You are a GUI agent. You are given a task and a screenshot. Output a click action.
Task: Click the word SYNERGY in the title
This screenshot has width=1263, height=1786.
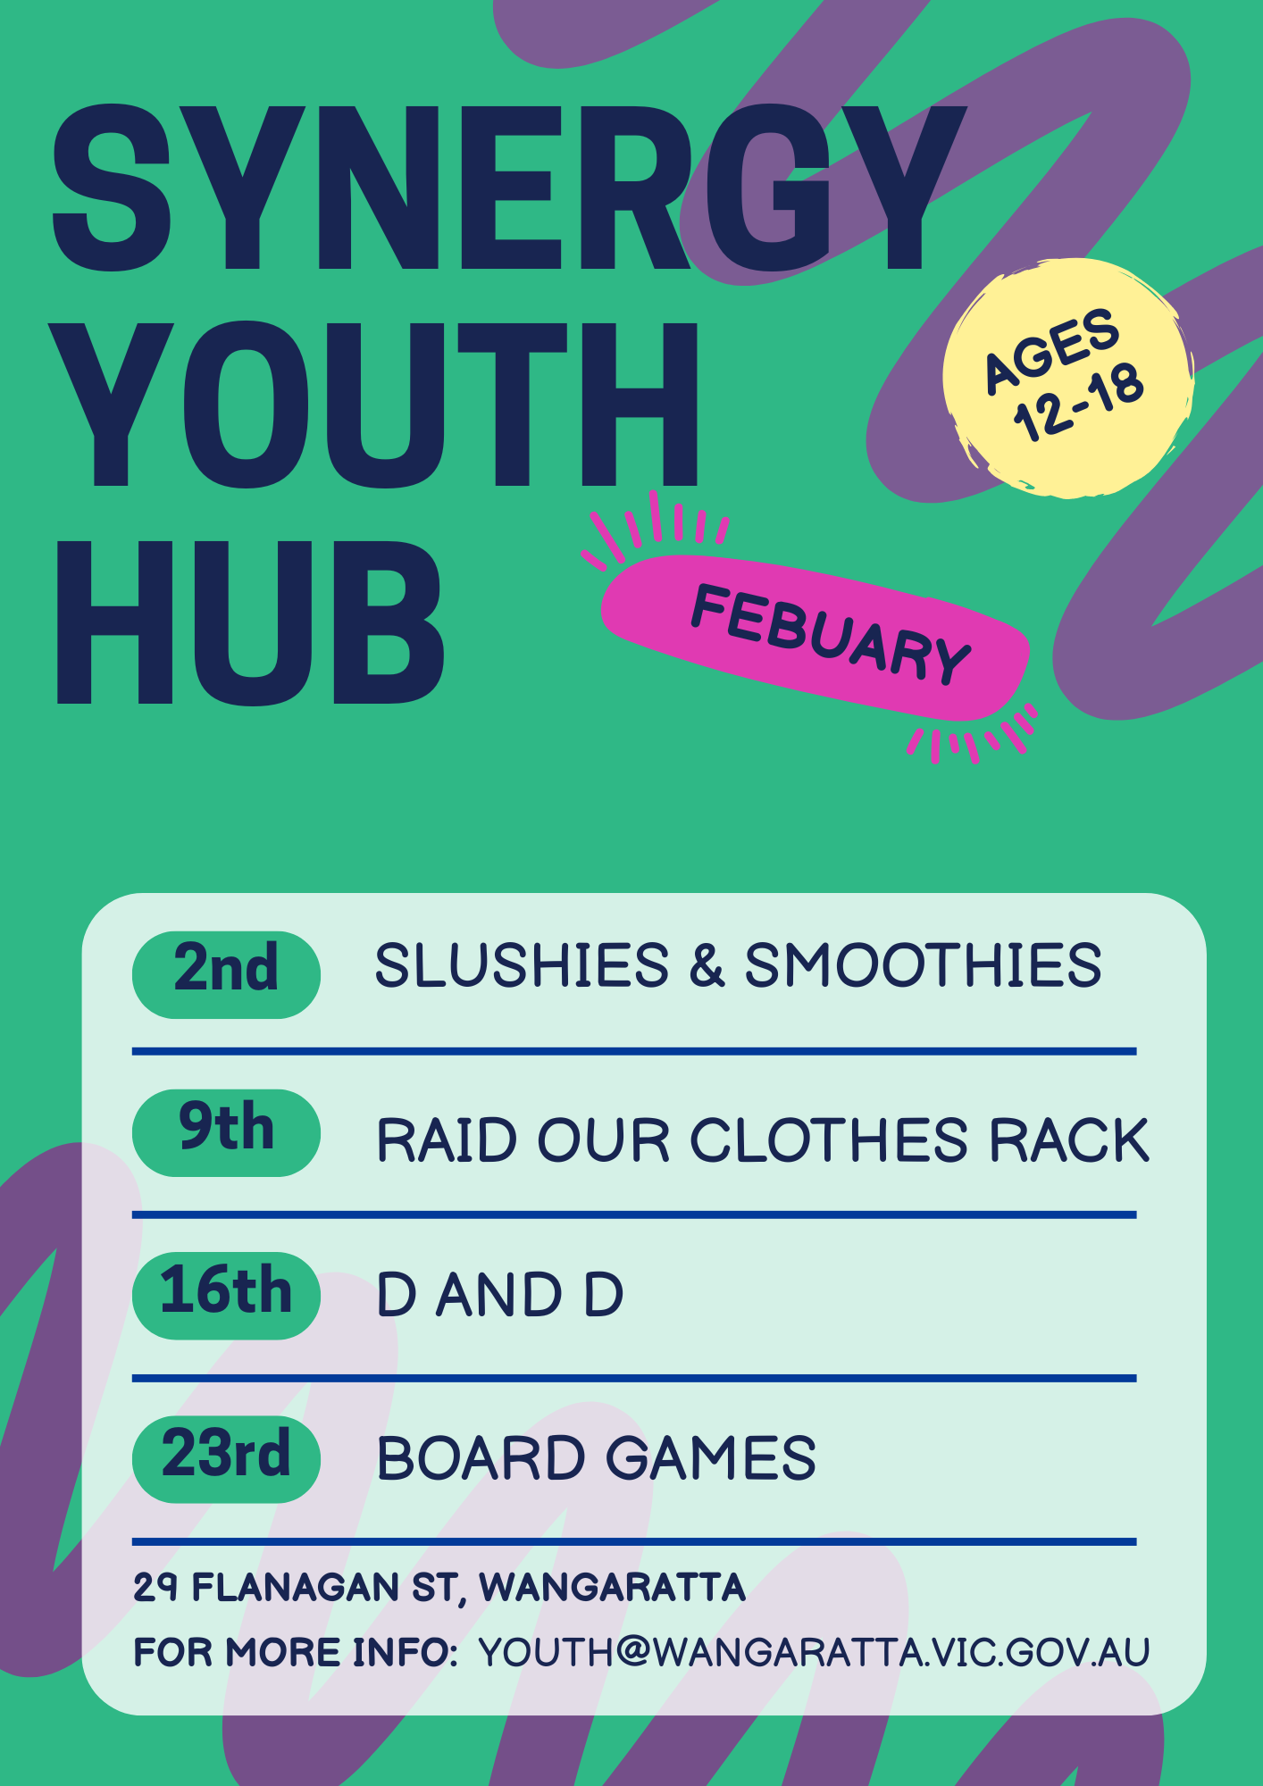(x=509, y=188)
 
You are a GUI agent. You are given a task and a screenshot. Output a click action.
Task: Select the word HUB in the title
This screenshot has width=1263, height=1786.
(x=250, y=623)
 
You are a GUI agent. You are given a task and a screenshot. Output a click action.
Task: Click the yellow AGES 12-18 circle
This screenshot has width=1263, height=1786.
(x=1067, y=378)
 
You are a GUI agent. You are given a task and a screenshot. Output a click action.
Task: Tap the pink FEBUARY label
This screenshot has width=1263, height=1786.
(x=816, y=637)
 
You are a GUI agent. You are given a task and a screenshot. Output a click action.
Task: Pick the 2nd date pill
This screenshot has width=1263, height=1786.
(x=226, y=974)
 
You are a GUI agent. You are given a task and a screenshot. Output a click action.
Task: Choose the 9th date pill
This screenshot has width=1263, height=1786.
(x=226, y=1132)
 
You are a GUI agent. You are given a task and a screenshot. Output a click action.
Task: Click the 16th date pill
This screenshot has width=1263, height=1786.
(x=226, y=1296)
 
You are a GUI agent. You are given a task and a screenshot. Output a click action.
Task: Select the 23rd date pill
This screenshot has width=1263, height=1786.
(x=226, y=1459)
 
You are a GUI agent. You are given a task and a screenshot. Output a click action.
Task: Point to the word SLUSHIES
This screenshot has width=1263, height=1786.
(x=522, y=965)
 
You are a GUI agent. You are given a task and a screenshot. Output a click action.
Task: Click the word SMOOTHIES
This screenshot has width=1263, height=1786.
(x=924, y=965)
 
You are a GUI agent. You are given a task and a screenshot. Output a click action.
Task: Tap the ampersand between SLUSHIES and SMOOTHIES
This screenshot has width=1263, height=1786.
(x=707, y=965)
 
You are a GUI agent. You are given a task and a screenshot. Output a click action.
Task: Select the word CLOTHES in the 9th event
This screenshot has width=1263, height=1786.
(x=829, y=1140)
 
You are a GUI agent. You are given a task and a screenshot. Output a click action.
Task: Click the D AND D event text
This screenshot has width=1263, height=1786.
(x=500, y=1295)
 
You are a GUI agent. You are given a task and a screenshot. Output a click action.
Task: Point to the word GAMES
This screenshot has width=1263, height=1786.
(x=711, y=1458)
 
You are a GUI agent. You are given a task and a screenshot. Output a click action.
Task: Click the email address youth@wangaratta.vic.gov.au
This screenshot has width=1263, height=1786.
(x=814, y=1652)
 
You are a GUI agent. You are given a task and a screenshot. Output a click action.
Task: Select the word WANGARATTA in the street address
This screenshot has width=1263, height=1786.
(x=612, y=1588)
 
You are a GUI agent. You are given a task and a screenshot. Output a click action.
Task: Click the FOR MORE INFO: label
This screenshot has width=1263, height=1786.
(x=296, y=1652)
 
